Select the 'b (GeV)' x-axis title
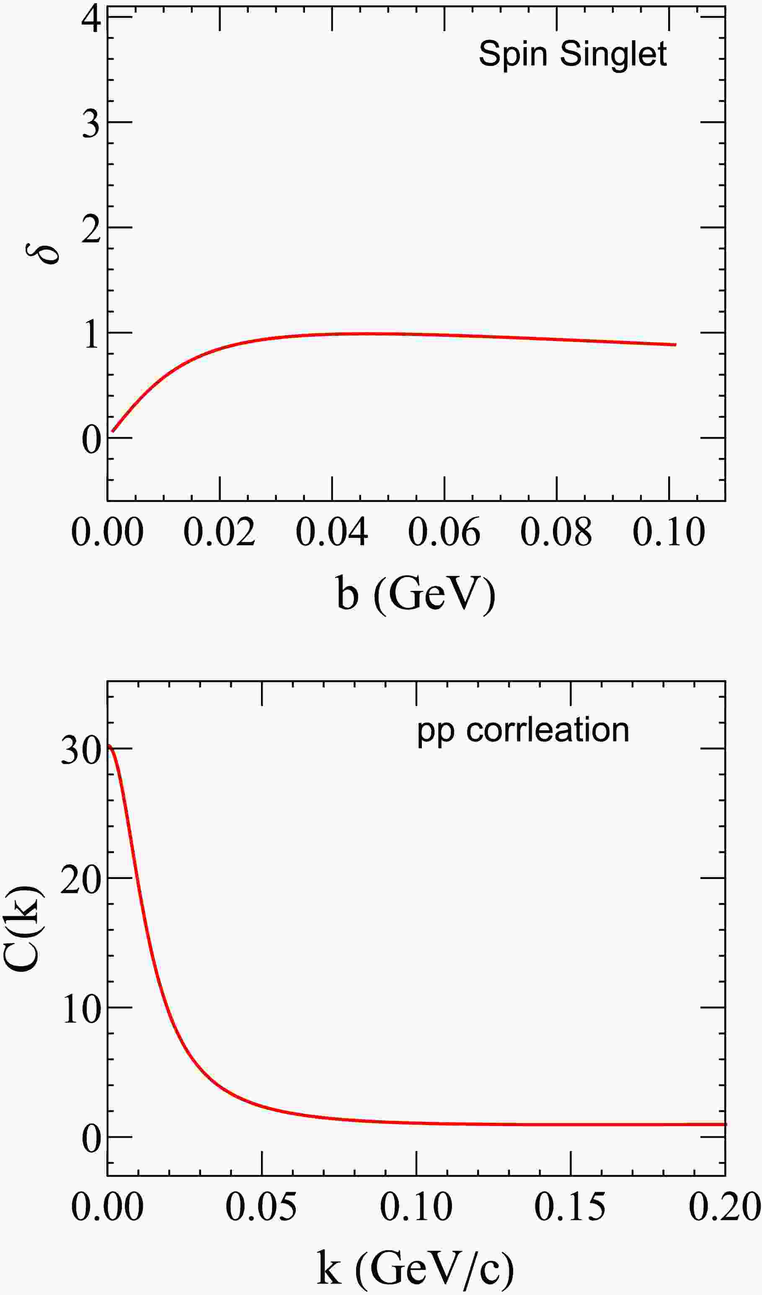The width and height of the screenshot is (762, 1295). click(x=416, y=593)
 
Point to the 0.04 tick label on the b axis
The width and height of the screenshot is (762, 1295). click(x=332, y=533)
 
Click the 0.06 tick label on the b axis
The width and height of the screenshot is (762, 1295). click(x=444, y=533)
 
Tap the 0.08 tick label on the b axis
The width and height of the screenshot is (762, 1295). click(x=556, y=533)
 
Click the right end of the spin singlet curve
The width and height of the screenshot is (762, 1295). click(x=676, y=345)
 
